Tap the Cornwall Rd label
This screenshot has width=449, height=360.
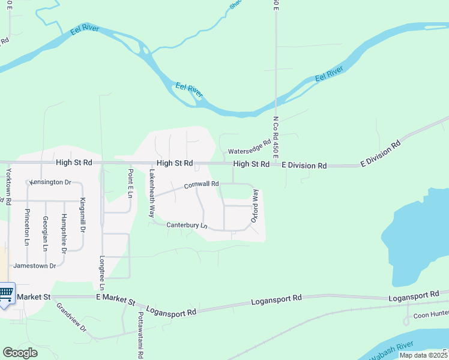tap(200, 185)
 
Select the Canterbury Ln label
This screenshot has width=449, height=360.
tap(187, 226)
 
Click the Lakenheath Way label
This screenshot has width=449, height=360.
tap(152, 193)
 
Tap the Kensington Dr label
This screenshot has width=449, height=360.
tap(50, 182)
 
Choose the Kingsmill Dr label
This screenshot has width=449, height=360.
tap(83, 215)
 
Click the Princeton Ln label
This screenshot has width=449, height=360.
tap(26, 227)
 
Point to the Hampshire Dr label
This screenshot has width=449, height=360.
tap(64, 231)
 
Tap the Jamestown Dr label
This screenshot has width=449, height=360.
tap(34, 265)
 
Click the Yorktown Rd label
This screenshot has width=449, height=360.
tap(8, 187)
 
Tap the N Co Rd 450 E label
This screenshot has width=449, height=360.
tap(276, 137)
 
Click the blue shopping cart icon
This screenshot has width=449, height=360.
tap(6, 294)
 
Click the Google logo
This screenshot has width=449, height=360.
tap(20, 353)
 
